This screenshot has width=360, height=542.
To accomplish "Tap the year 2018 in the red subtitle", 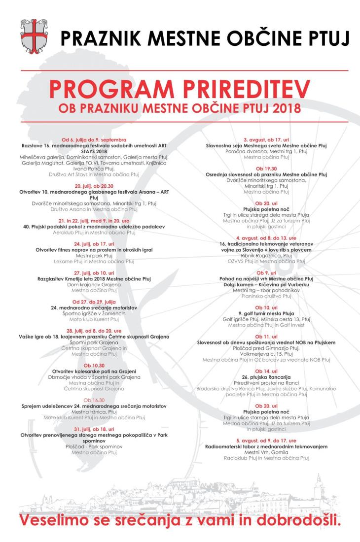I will (285, 107).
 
